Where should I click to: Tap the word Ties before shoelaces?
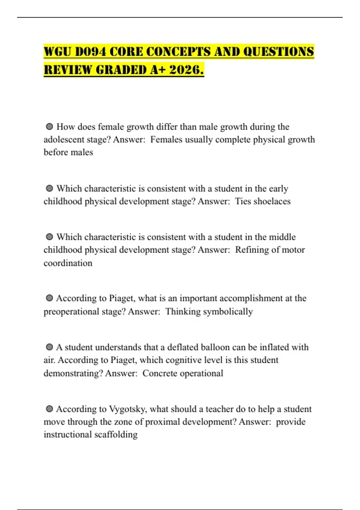(x=243, y=201)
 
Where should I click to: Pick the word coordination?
(x=68, y=263)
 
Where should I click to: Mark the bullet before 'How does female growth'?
(x=49, y=127)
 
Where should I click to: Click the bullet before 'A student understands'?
(x=49, y=347)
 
